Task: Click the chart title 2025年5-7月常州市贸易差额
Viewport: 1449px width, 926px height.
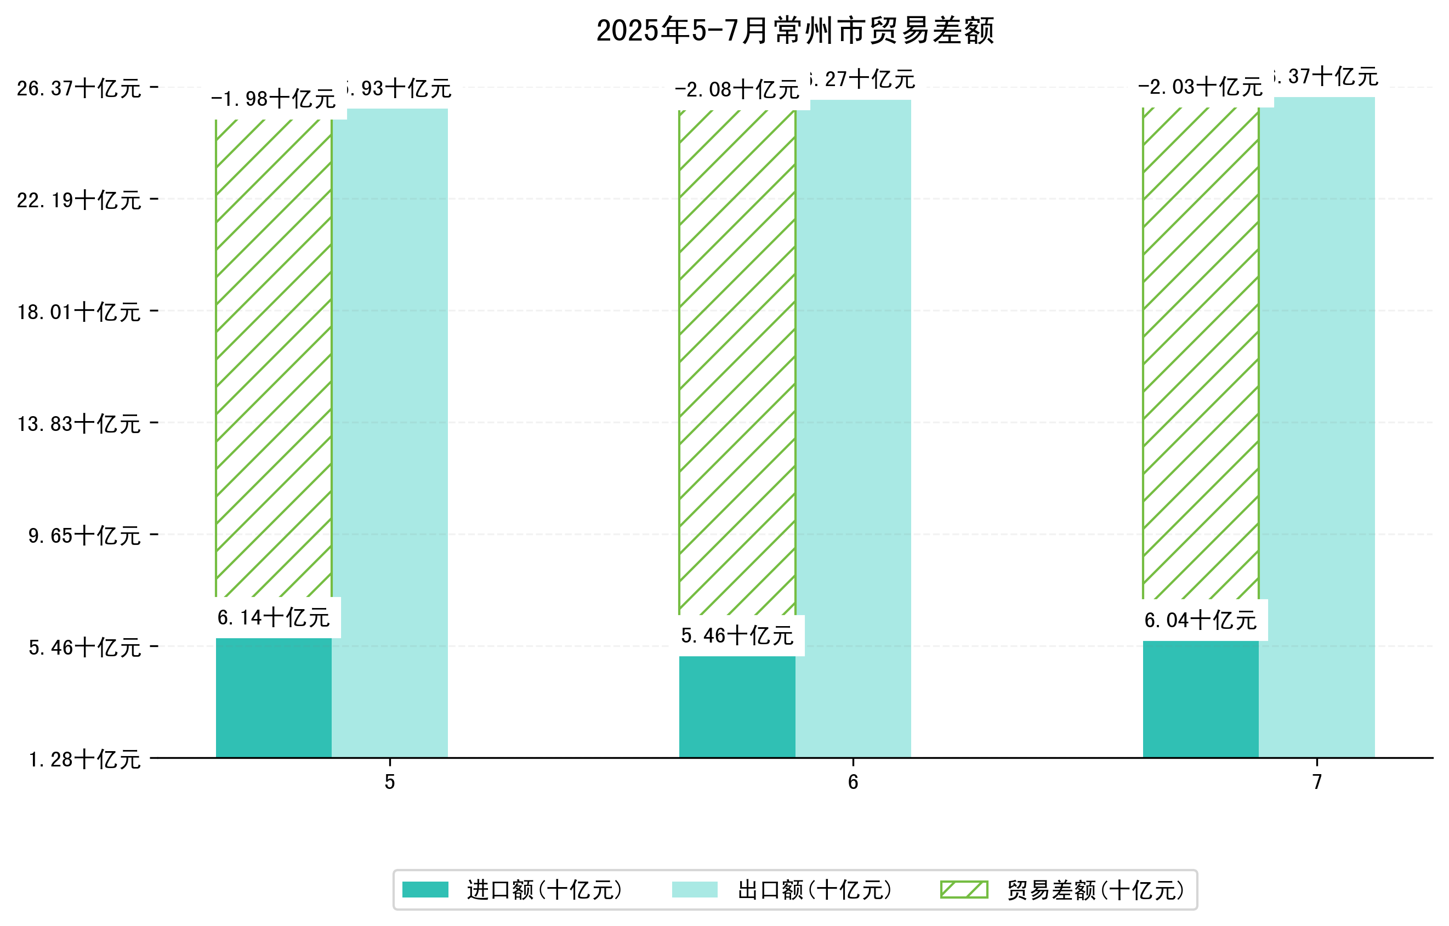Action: [795, 31]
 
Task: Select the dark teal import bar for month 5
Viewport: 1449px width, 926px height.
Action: [273, 698]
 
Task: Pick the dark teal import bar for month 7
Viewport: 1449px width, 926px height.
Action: [1201, 699]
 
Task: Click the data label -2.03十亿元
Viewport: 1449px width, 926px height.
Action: [1200, 87]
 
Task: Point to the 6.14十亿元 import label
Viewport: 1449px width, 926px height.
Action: [273, 618]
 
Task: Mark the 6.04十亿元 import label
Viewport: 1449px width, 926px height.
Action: [1201, 620]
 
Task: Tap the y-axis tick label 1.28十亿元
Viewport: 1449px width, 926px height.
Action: [85, 760]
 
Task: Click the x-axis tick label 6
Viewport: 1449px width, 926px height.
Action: [853, 782]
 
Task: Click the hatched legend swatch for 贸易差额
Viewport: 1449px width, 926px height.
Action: [964, 890]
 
